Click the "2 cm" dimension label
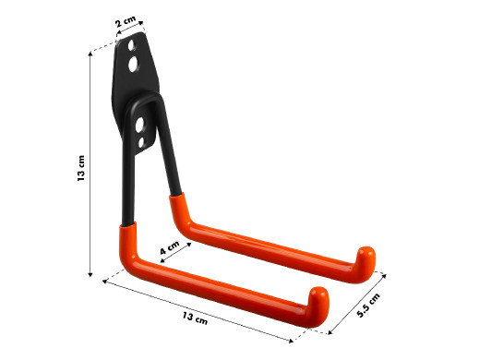(x=126, y=21)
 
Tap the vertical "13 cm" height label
(x=81, y=168)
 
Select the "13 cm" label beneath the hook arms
(x=195, y=318)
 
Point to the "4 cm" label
(x=170, y=247)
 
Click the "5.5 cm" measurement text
(x=368, y=306)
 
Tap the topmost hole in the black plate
(x=132, y=45)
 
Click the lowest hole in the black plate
(x=141, y=143)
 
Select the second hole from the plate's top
(x=134, y=65)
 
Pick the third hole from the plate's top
(x=139, y=125)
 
